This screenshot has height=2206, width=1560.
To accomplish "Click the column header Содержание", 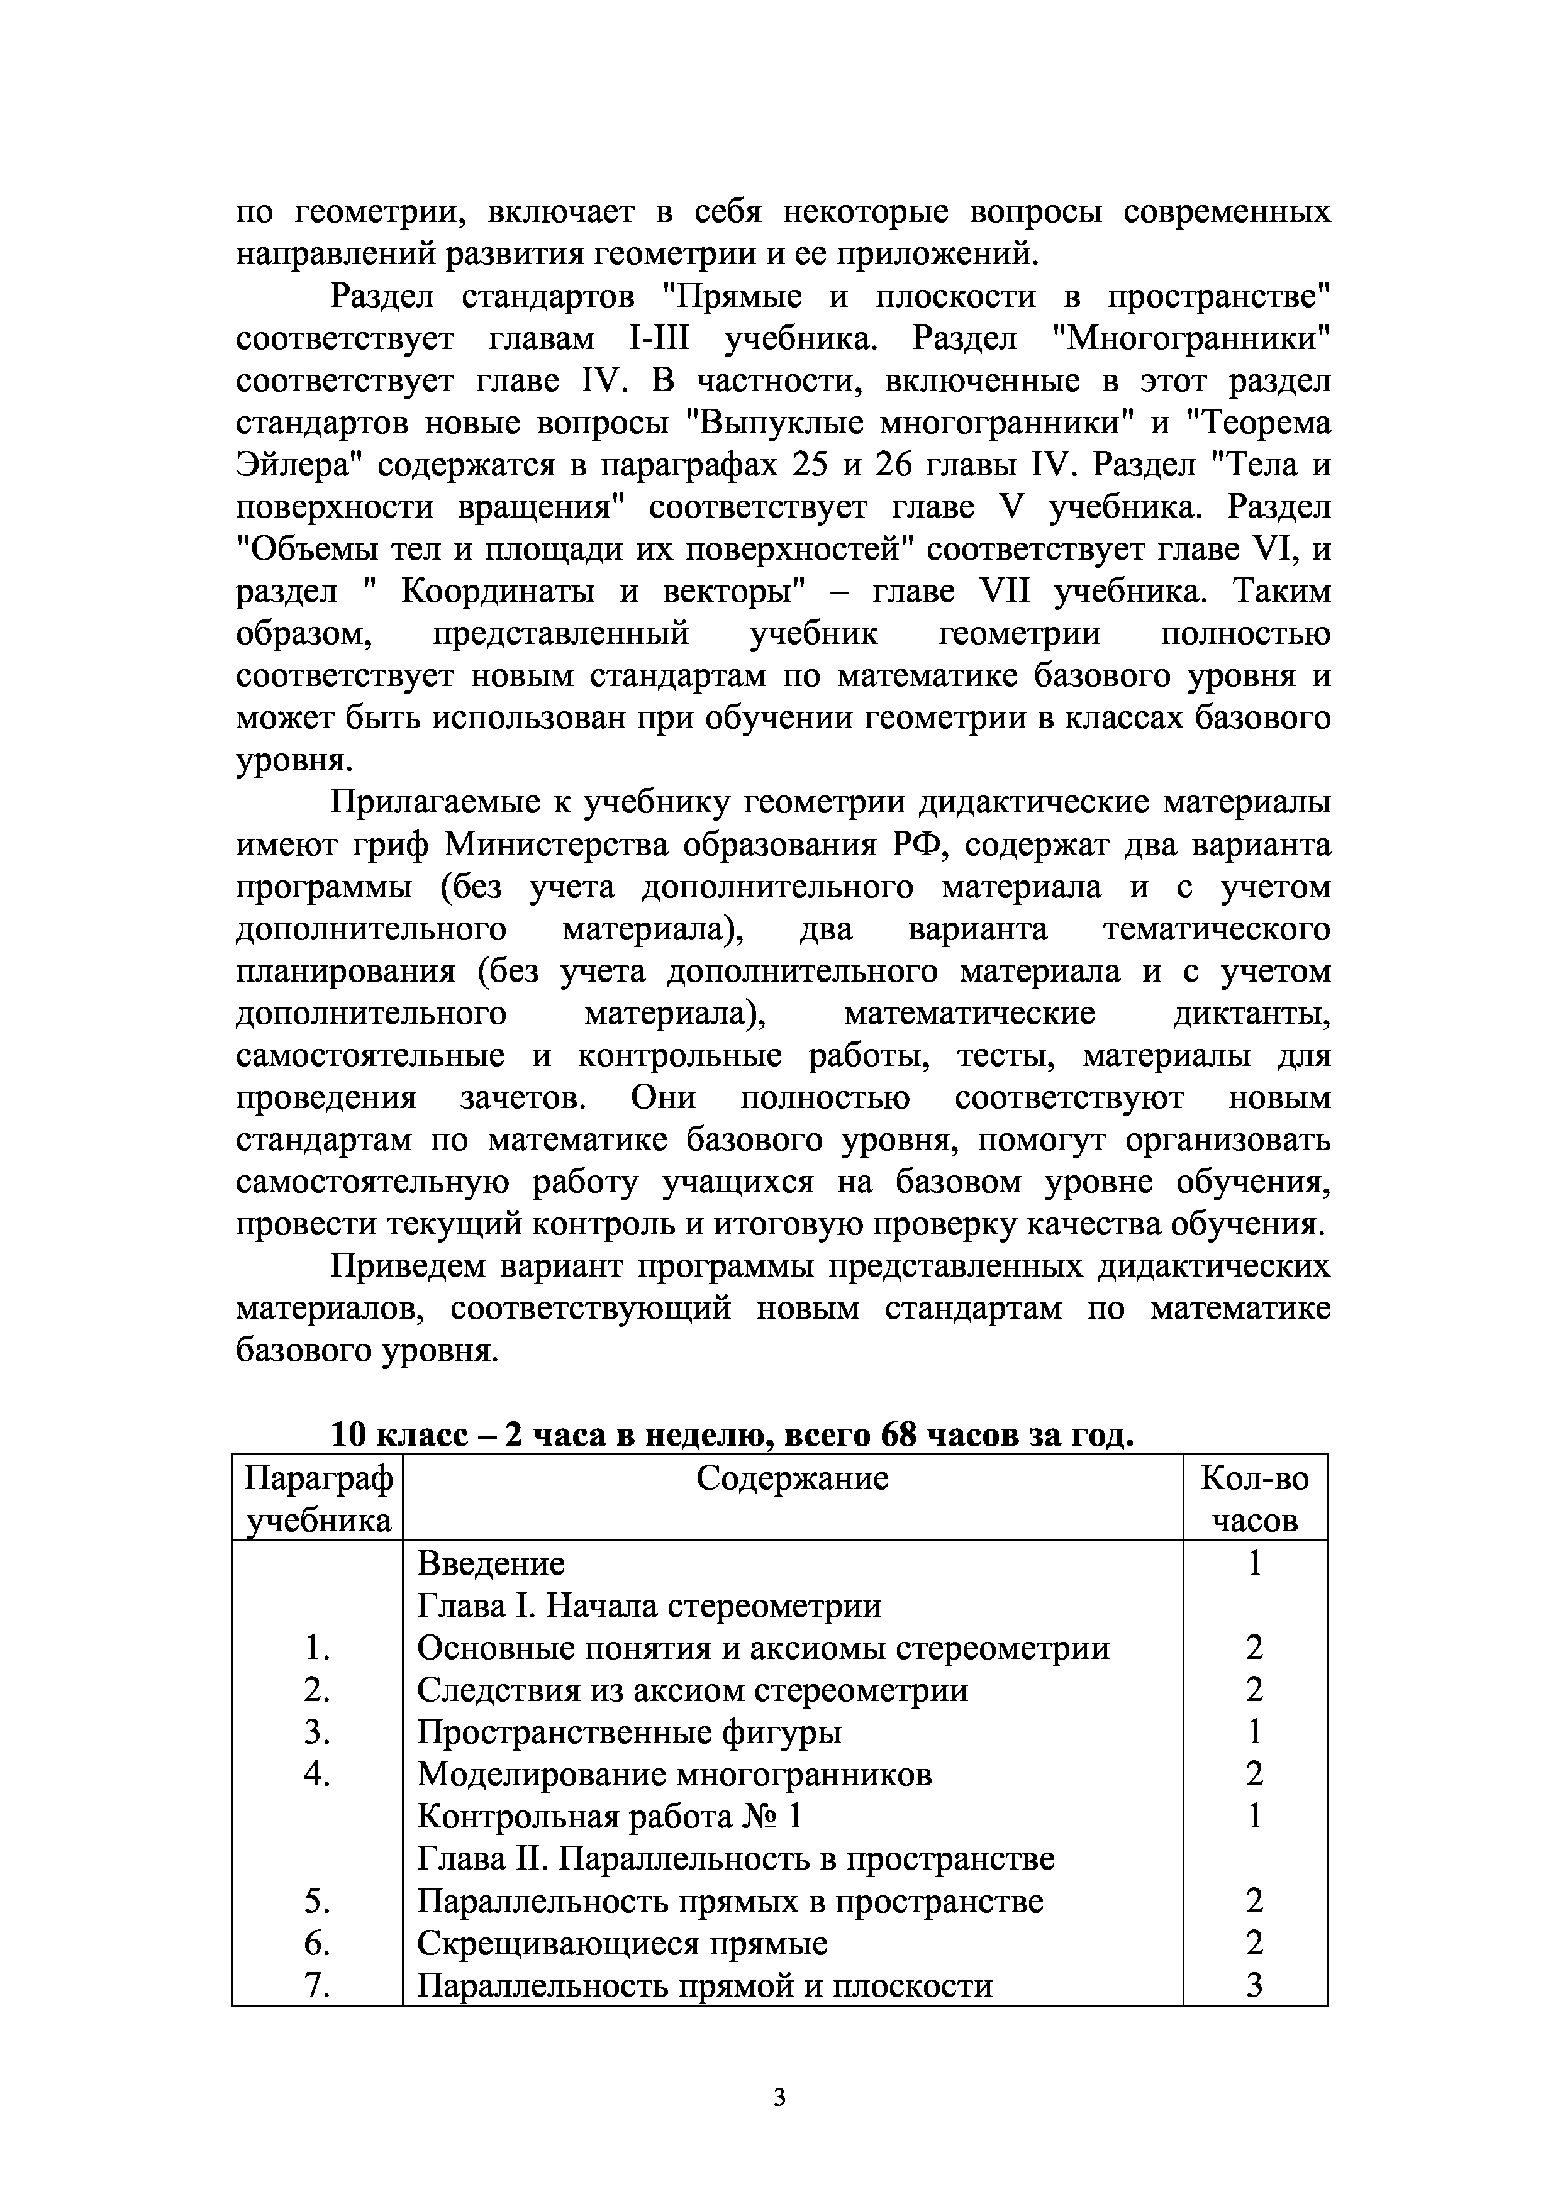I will (x=792, y=1478).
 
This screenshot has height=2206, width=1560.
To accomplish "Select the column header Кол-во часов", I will (x=1254, y=1499).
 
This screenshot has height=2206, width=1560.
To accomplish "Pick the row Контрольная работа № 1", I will (x=608, y=1817).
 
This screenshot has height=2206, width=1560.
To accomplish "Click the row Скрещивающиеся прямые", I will (x=622, y=1944).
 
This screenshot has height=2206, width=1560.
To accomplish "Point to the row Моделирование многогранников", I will (x=674, y=1775).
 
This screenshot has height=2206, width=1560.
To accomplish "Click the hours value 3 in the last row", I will (x=1254, y=1986).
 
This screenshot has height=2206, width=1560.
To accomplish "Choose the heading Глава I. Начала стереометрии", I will (x=649, y=1605).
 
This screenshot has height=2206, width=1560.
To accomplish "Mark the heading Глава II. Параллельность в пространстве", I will (x=735, y=1859).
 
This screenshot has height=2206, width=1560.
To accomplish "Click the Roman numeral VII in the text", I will (x=1003, y=592).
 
